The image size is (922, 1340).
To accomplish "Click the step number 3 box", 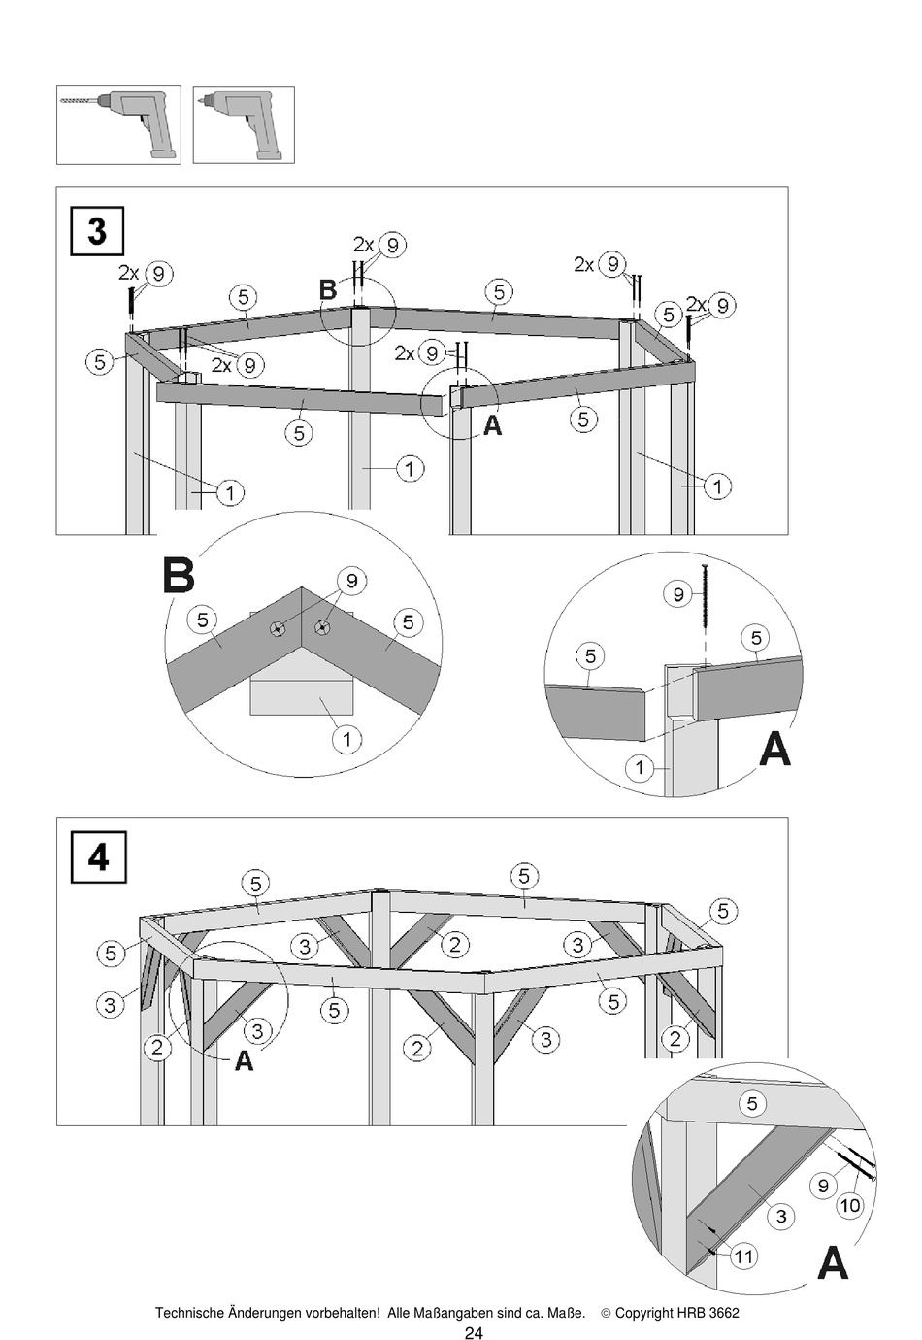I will pos(97,231).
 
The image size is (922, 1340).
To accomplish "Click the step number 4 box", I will pos(98,857).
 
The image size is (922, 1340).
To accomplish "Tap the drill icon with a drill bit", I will pos(118,125).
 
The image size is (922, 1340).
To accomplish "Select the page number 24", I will pos(473,1333).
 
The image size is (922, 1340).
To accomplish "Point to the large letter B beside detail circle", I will pos(179,576).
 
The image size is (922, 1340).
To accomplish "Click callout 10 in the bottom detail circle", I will pos(849,1205).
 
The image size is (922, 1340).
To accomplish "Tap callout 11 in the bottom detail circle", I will pos(742,1256).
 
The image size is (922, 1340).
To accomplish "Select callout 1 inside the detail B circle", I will pos(346,739).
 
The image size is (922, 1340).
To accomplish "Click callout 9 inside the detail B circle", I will pos(351,582).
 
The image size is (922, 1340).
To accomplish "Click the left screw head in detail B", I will pos(279,628).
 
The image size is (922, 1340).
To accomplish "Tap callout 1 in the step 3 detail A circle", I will pos(639,769).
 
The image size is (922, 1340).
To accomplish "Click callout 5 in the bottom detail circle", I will pos(751,1103).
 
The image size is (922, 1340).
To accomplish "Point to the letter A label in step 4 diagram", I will pos(244,1061).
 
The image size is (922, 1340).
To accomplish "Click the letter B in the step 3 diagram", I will pos(328,289).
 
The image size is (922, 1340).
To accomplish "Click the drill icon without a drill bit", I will pos(244,125).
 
